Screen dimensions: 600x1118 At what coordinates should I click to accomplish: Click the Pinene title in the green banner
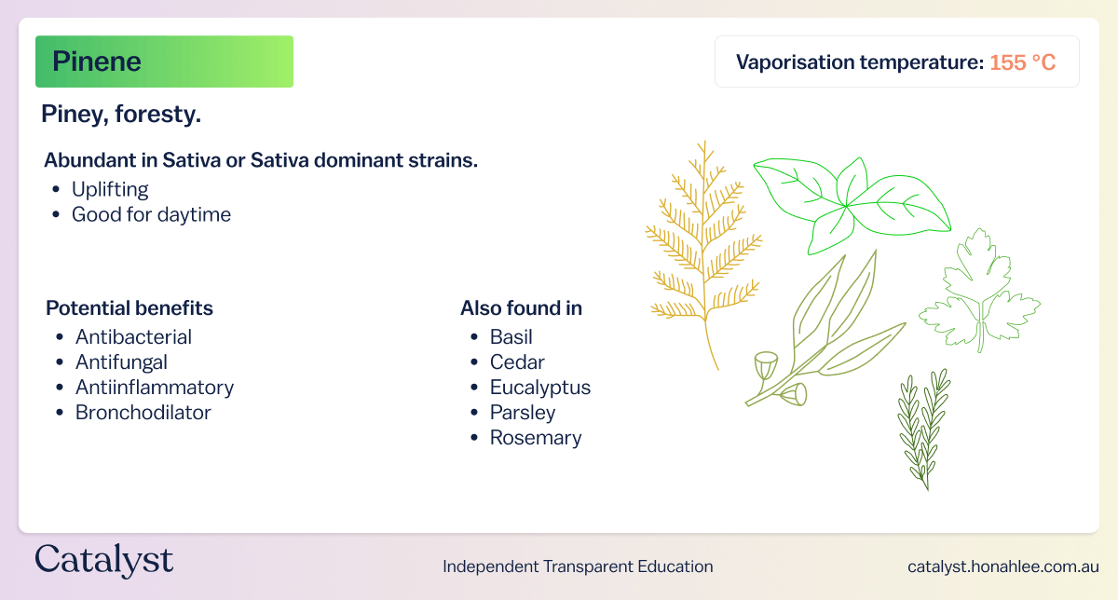pos(97,61)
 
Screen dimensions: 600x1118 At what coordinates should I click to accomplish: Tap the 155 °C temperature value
pos(1022,62)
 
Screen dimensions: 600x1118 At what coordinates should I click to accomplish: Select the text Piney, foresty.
pos(121,115)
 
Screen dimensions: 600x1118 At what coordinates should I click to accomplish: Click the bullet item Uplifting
pos(110,189)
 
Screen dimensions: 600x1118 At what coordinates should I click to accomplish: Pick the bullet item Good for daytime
pos(151,214)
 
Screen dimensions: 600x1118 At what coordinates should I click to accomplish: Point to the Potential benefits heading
pos(130,308)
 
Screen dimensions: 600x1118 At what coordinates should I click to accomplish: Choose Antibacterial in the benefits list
pos(133,336)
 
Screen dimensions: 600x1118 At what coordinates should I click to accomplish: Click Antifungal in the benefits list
pos(121,361)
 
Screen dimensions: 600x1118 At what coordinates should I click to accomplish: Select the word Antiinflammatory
pos(155,387)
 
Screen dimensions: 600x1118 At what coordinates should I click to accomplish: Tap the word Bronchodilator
pos(143,412)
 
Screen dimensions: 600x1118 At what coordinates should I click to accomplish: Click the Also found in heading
pos(521,308)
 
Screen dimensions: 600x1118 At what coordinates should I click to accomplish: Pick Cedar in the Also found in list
pos(517,361)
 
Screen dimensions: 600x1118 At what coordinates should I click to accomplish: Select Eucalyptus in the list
pos(540,387)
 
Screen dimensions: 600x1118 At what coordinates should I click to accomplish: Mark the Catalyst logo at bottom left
pos(104,562)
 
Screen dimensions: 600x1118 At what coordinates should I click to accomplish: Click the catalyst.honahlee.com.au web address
pos(1002,566)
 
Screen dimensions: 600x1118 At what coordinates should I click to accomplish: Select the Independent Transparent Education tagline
pos(578,566)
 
